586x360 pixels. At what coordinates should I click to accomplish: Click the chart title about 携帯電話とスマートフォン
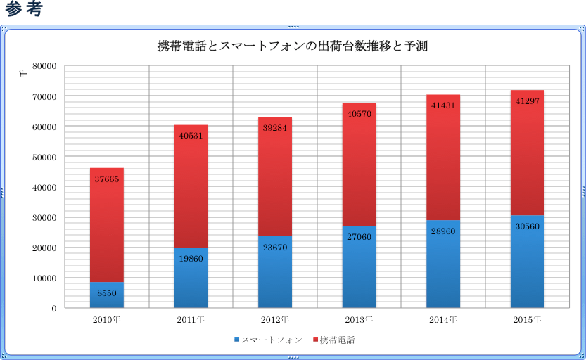pyautogui.click(x=293, y=46)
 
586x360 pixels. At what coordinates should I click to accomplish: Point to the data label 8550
pyautogui.click(x=106, y=292)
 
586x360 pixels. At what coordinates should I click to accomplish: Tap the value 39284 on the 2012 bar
pyautogui.click(x=275, y=128)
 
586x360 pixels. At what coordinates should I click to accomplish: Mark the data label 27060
pyautogui.click(x=359, y=237)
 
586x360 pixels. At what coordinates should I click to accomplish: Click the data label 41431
pyautogui.click(x=443, y=105)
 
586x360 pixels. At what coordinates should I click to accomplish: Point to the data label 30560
pyautogui.click(x=527, y=226)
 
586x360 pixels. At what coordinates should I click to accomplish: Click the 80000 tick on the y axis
pyautogui.click(x=44, y=66)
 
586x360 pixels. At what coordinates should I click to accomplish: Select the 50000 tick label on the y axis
pyautogui.click(x=44, y=157)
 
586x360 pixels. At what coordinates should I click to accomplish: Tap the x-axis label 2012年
pyautogui.click(x=275, y=320)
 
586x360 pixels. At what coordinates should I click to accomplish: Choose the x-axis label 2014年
pyautogui.click(x=443, y=320)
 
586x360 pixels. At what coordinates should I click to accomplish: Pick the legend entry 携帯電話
pyautogui.click(x=336, y=340)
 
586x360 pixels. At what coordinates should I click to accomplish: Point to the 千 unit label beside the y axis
pyautogui.click(x=24, y=74)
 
